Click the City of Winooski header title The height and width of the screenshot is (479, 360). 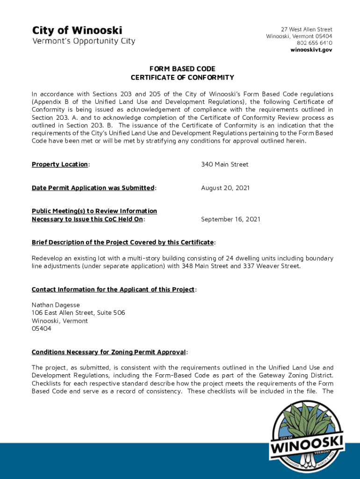(77, 30)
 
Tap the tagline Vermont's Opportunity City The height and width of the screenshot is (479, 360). (83, 41)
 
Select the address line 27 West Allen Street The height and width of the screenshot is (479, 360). (306, 29)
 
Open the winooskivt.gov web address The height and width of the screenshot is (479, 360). (311, 50)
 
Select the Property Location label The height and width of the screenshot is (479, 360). (60, 165)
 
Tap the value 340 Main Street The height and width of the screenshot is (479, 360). (224, 165)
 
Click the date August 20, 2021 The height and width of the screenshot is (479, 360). (225, 188)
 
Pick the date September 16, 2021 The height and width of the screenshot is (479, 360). (230, 219)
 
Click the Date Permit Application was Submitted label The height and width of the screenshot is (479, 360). (93, 188)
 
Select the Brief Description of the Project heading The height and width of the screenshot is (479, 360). (123, 242)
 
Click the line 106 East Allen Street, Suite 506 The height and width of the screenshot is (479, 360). (78, 312)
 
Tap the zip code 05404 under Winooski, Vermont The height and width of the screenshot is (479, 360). (42, 328)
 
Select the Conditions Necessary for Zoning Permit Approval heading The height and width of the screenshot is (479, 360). (109, 352)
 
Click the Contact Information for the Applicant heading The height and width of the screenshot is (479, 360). (113, 290)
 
